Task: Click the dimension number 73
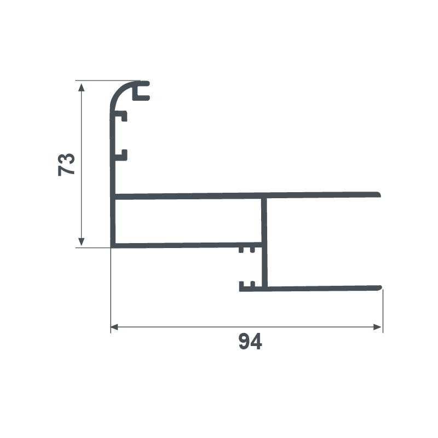click(x=66, y=165)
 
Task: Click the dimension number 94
click(x=250, y=341)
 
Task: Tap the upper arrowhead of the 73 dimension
click(x=81, y=87)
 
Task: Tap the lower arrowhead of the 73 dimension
click(x=81, y=242)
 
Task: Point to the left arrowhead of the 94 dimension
click(x=114, y=327)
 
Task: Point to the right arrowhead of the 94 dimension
click(x=377, y=327)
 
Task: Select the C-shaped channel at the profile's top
click(x=141, y=91)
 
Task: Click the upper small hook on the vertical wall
click(x=122, y=116)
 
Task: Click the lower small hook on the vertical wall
click(x=122, y=155)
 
